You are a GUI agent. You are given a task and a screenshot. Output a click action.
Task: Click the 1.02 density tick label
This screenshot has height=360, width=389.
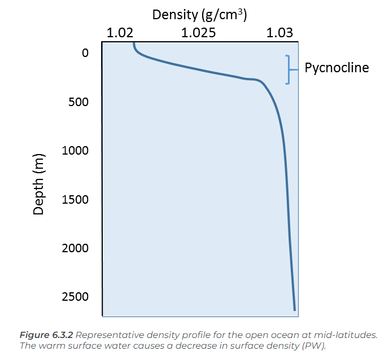[x=120, y=33]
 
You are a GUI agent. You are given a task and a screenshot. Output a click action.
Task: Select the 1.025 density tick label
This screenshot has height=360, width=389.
[x=198, y=33]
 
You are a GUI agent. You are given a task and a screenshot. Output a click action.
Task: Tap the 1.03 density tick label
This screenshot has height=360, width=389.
[x=280, y=33]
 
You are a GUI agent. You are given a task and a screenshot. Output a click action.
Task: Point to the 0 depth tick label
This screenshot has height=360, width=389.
[x=85, y=54]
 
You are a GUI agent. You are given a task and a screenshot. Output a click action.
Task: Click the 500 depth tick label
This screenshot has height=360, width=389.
[x=77, y=102]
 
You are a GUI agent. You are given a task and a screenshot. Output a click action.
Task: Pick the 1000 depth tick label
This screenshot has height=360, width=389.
[x=74, y=151]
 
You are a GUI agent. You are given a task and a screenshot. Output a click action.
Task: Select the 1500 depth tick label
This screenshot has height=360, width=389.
[x=74, y=199]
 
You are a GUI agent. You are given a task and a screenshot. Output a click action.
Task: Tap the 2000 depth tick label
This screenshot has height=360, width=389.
[x=74, y=248]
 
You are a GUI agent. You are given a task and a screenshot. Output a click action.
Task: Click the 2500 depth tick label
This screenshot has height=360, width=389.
[x=74, y=297]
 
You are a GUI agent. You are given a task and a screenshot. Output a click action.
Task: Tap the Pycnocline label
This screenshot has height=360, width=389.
[x=336, y=68]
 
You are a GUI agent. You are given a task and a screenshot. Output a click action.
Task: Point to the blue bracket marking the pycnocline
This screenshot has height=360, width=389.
[x=290, y=69]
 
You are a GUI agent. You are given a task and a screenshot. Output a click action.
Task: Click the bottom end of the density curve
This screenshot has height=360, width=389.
[x=294, y=309]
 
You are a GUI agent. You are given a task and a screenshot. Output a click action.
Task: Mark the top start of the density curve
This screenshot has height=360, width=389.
[x=133, y=42]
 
